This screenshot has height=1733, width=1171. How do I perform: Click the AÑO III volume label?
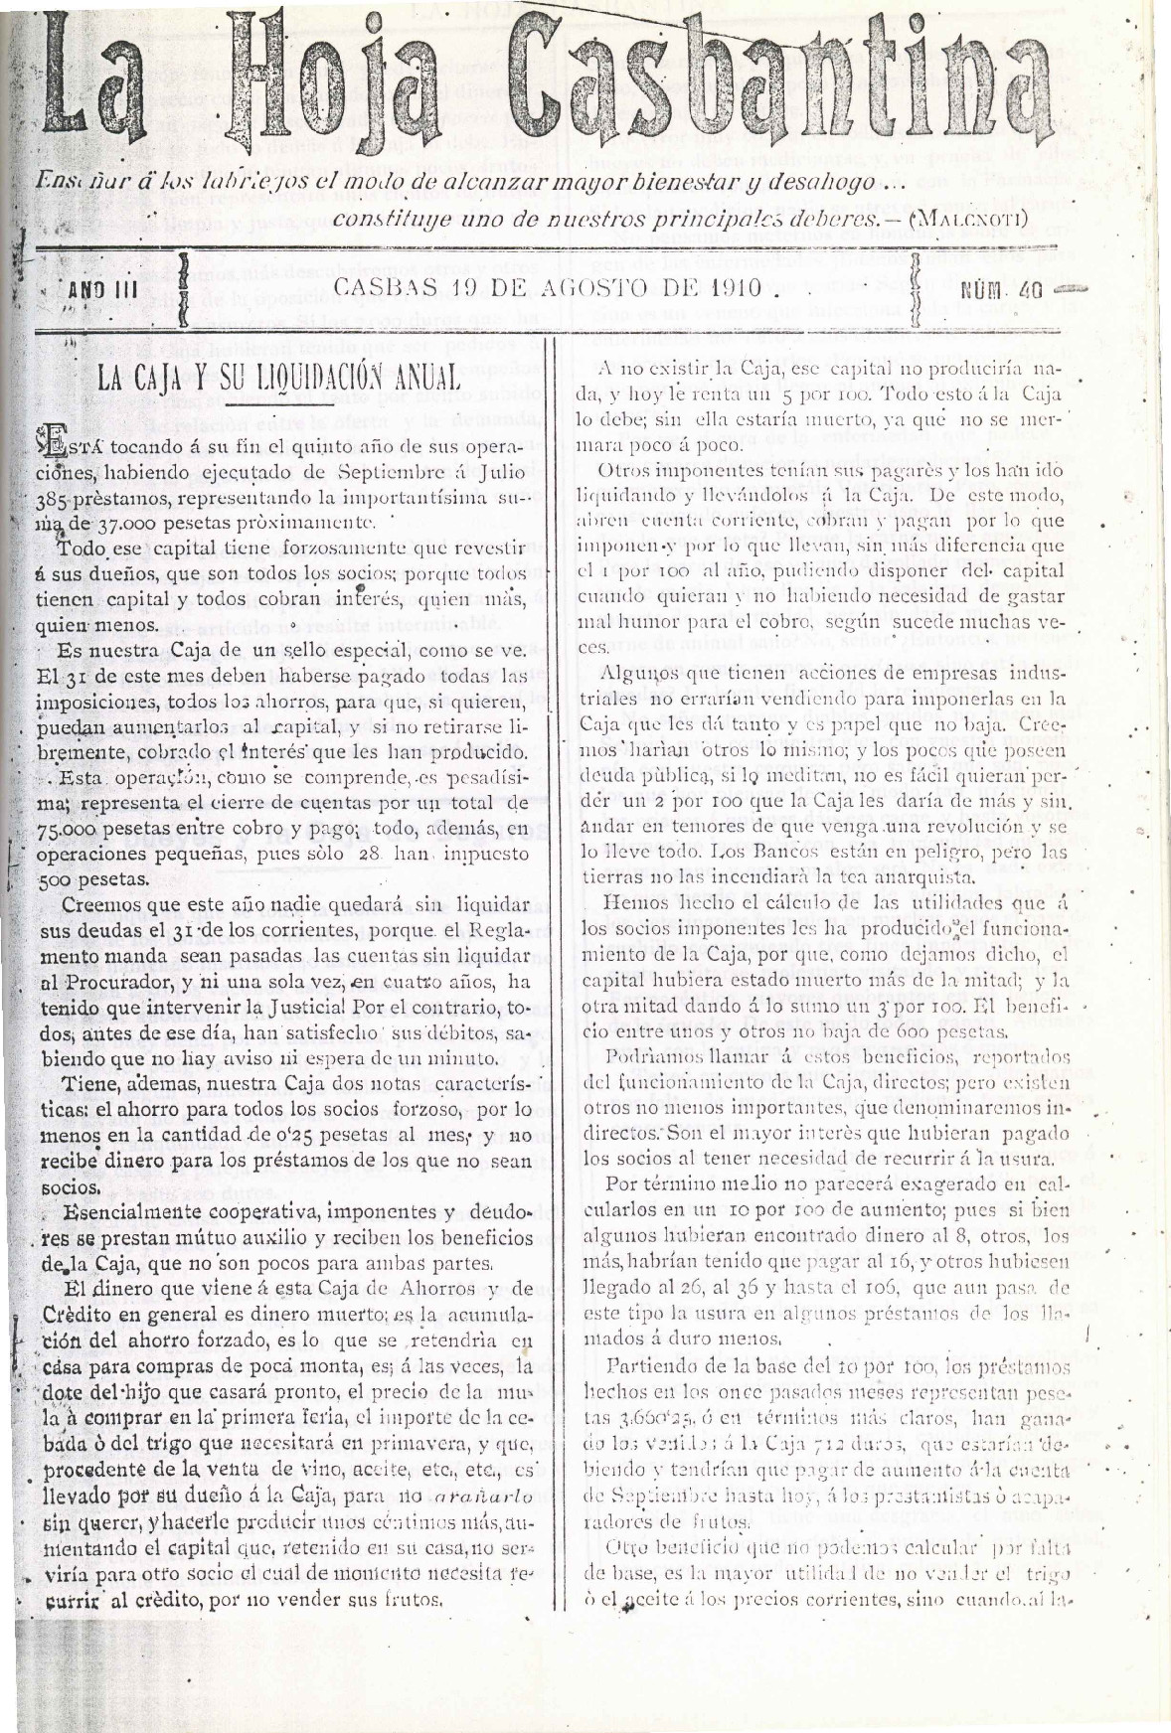click(101, 293)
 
